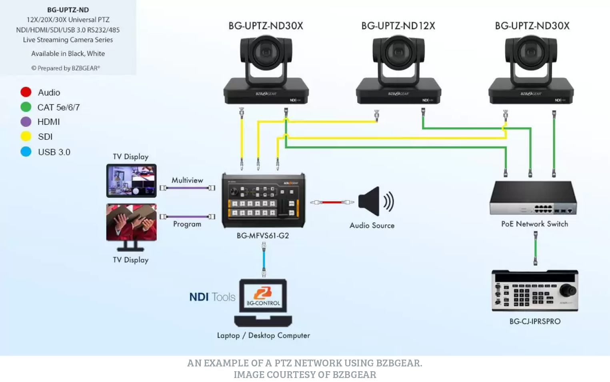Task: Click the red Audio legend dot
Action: pos(26,92)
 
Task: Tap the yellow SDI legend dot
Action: pos(26,136)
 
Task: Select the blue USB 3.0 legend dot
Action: pos(26,152)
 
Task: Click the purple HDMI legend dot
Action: pos(26,122)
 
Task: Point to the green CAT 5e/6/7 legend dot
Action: pos(26,107)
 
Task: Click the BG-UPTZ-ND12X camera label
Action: pos(398,26)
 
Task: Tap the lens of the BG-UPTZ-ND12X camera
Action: pos(398,52)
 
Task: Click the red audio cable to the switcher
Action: pos(332,202)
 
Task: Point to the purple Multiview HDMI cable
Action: pos(187,188)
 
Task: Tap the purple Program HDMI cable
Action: pos(187,216)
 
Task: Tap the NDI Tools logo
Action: pos(212,297)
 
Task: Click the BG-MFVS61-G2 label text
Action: pos(263,236)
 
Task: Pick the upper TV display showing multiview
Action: pos(131,180)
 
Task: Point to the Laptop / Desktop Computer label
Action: pos(263,335)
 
